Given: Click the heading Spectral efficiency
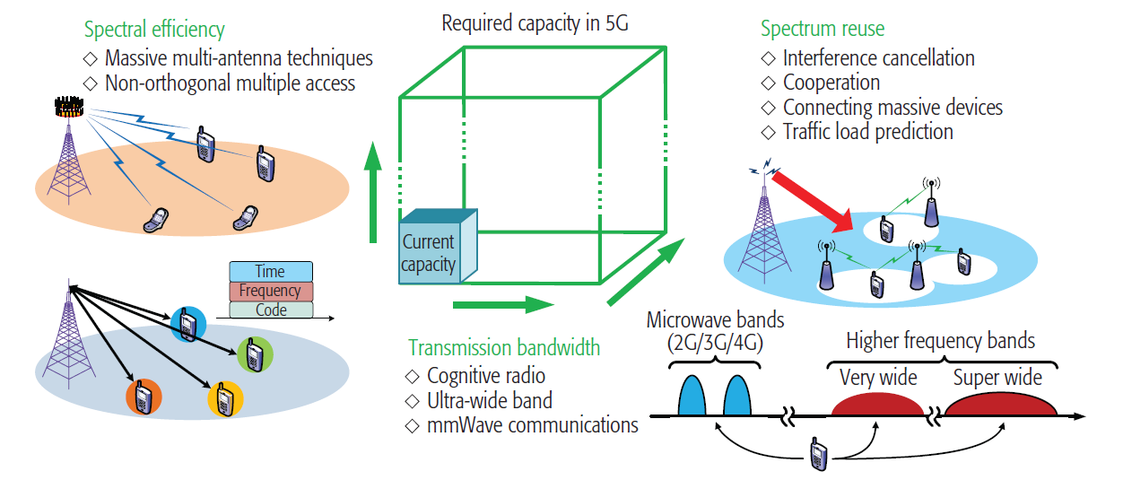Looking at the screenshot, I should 154,30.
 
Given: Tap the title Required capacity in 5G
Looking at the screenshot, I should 535,22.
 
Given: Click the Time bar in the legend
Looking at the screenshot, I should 271,271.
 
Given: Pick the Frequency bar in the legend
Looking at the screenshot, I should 271,291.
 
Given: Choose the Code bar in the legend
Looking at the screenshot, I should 271,310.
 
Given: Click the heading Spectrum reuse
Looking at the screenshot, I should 822,29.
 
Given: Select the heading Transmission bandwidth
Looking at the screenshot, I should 504,347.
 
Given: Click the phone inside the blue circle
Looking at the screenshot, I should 188,323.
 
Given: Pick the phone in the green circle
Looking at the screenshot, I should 255,354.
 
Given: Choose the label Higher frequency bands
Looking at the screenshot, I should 940,341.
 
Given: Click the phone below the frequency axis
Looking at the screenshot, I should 818,455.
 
